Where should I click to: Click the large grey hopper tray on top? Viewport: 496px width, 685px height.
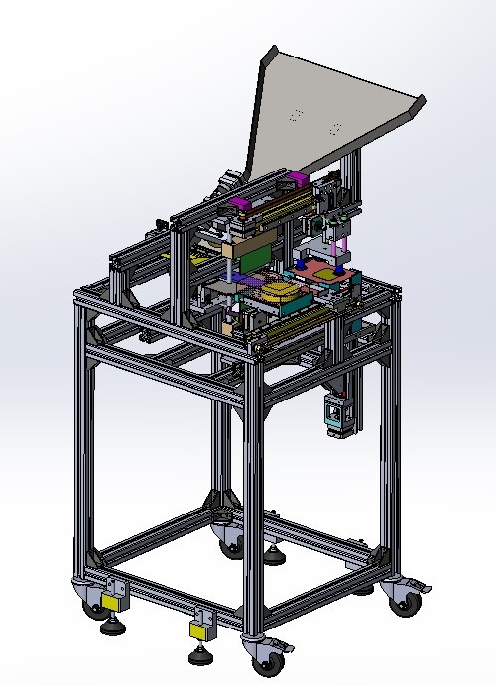coord(327,109)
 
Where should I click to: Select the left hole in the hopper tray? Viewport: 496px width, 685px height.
coord(295,115)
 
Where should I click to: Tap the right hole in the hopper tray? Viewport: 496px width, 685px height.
coord(335,128)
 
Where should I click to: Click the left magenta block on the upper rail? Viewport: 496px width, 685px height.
coord(238,206)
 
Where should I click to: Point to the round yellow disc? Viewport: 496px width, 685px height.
coord(280,289)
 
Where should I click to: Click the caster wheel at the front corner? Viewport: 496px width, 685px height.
coord(267,658)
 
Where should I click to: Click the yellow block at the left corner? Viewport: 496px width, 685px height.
coord(112,601)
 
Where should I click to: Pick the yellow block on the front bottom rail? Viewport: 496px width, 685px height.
coord(202,629)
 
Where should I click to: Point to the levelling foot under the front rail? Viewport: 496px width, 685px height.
coord(199,654)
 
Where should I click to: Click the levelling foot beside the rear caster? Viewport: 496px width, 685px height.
coord(273,553)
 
